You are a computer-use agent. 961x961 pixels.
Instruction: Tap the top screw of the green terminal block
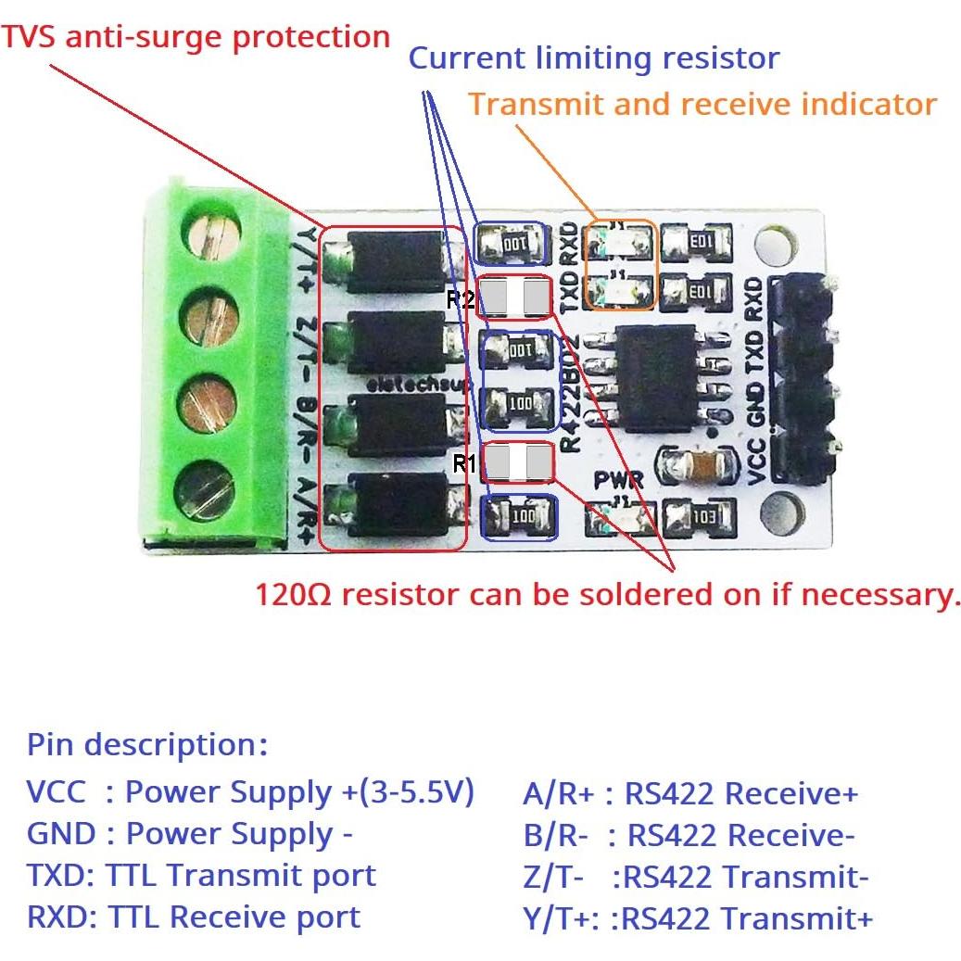pyautogui.click(x=210, y=240)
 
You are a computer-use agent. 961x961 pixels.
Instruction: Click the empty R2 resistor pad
pyautogui.click(x=512, y=298)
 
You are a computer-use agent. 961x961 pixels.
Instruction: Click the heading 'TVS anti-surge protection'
pyautogui.click(x=196, y=37)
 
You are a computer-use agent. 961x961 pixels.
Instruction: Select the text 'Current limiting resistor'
pyautogui.click(x=594, y=58)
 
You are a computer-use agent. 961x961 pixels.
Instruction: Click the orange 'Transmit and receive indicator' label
pyautogui.click(x=702, y=104)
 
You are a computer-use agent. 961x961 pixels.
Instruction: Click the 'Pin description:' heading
pyautogui.click(x=147, y=744)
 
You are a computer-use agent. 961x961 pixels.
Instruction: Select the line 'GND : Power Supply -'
pyautogui.click(x=190, y=834)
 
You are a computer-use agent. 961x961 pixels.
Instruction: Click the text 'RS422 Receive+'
pyautogui.click(x=741, y=794)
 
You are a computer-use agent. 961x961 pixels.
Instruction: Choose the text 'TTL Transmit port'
pyautogui.click(x=242, y=876)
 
